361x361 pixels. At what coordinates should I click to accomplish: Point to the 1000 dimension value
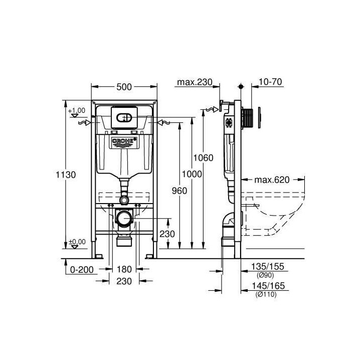tap(192, 174)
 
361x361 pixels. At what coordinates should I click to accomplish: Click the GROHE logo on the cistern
tap(123, 141)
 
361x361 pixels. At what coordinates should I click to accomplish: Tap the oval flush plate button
tap(123, 118)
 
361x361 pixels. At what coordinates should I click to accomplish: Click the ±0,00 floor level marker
tap(78, 242)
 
